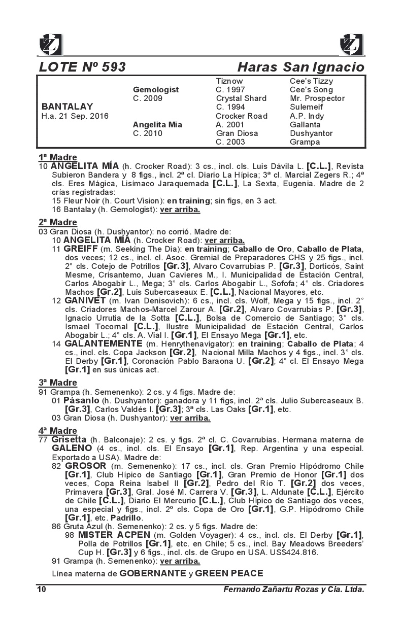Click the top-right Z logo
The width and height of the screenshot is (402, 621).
point(351,44)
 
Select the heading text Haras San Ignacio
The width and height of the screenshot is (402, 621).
point(300,67)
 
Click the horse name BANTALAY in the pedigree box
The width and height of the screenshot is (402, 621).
point(67,107)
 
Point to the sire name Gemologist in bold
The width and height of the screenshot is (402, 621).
point(155,90)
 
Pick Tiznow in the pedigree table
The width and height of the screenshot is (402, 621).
point(229,81)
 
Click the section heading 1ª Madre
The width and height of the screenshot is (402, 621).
point(58,157)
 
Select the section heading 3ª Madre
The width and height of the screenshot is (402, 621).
point(58,383)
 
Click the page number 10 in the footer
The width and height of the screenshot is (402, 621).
point(42,589)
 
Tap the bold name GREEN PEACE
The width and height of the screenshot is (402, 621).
point(229,574)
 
